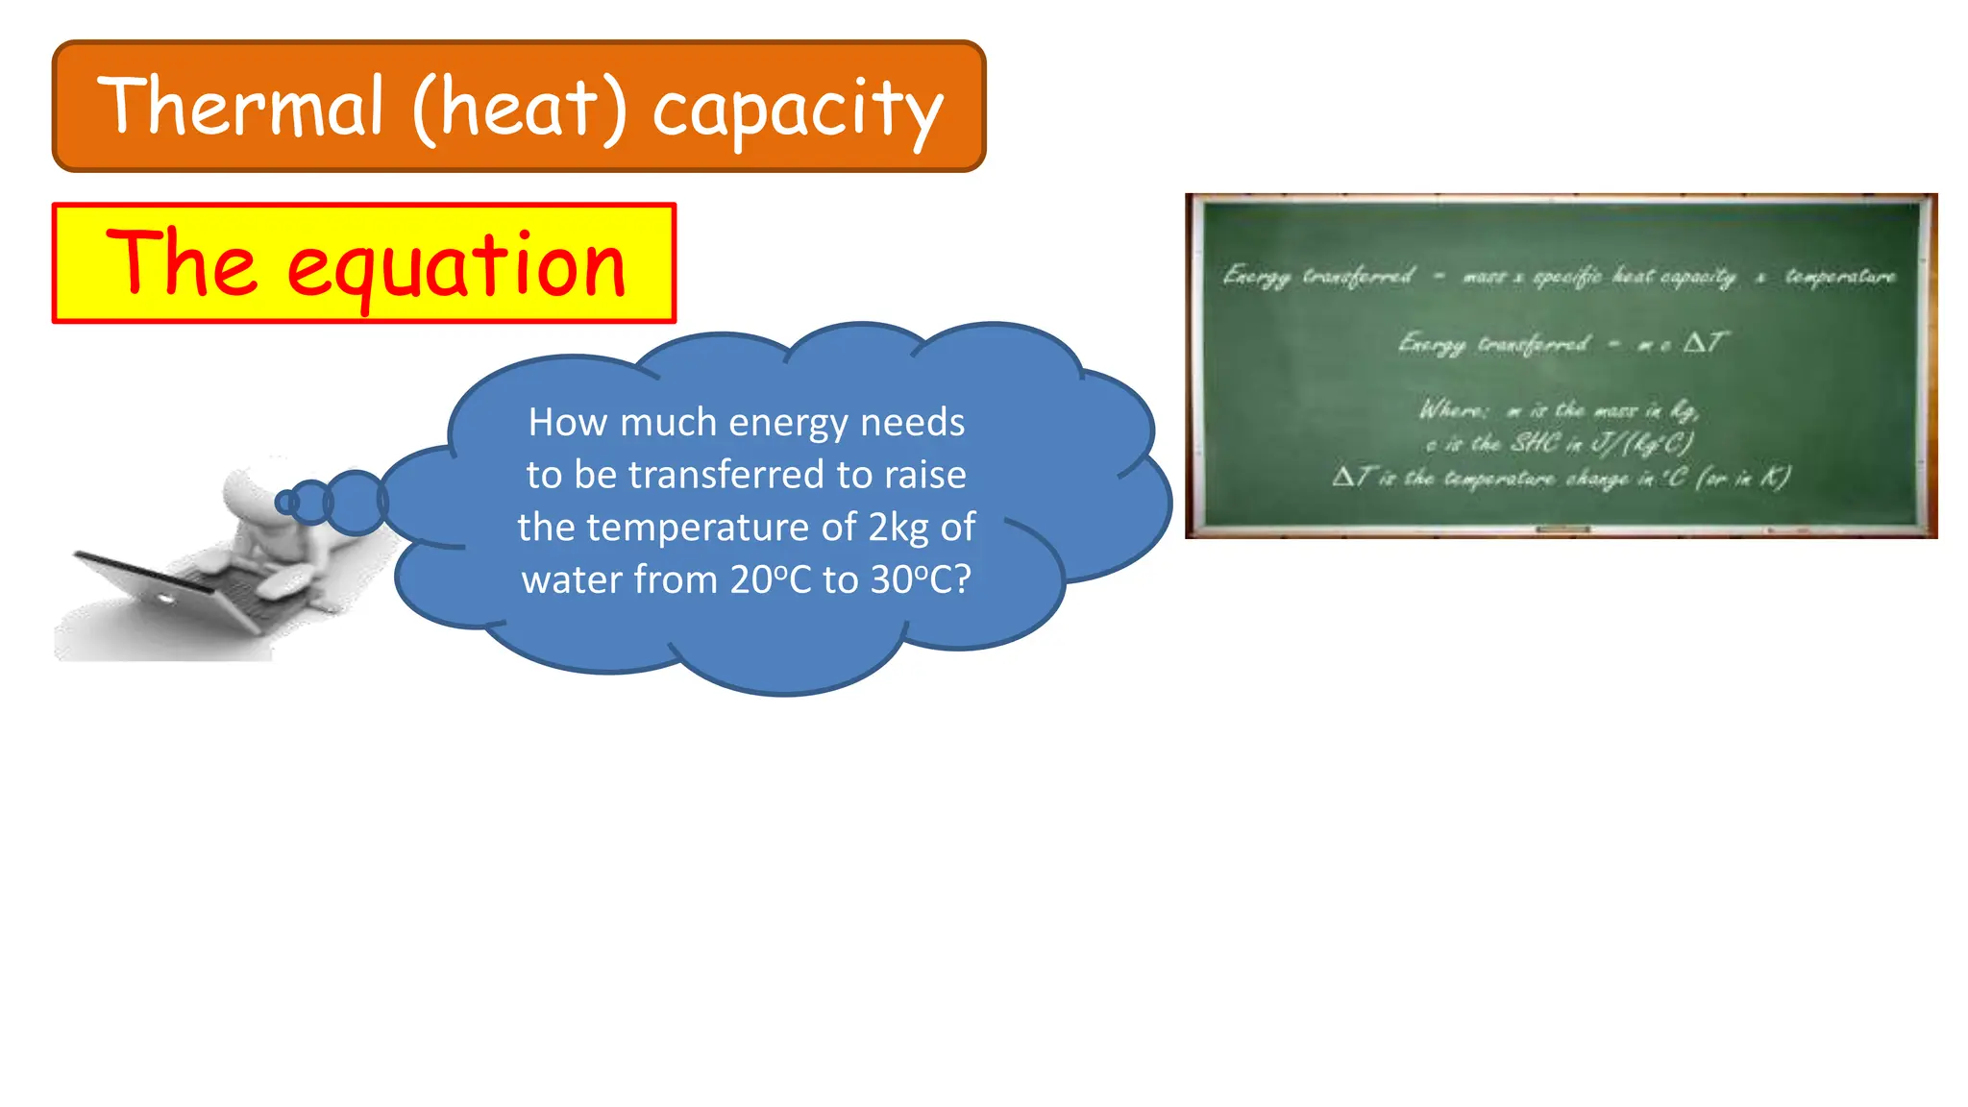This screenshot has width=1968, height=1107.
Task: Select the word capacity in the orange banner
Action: [x=798, y=111]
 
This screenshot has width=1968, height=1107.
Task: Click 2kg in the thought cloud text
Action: [x=898, y=528]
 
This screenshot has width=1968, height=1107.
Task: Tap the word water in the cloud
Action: [x=571, y=579]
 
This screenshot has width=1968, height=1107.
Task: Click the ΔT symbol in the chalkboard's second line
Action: [x=1705, y=343]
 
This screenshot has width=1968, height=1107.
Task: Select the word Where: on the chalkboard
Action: [x=1453, y=410]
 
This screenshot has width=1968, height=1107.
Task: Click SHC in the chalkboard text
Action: [x=1535, y=443]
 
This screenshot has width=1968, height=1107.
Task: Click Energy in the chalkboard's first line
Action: [x=1256, y=277]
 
